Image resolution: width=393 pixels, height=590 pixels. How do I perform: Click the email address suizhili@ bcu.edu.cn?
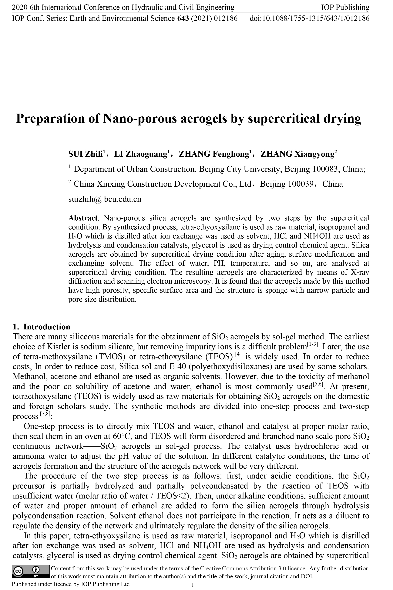pyautogui.click(x=105, y=199)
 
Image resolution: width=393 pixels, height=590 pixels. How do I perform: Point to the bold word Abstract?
pyautogui.click(x=83, y=218)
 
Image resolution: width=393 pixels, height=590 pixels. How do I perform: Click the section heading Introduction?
pyautogui.click(x=47, y=327)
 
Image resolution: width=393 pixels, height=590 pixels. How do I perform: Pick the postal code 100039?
pyautogui.click(x=301, y=184)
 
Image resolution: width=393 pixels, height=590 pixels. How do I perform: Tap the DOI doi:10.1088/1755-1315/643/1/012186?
pyautogui.click(x=309, y=18)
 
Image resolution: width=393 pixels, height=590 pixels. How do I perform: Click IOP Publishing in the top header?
pyautogui.click(x=345, y=8)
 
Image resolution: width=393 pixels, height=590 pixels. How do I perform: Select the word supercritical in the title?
pyautogui.click(x=284, y=118)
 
